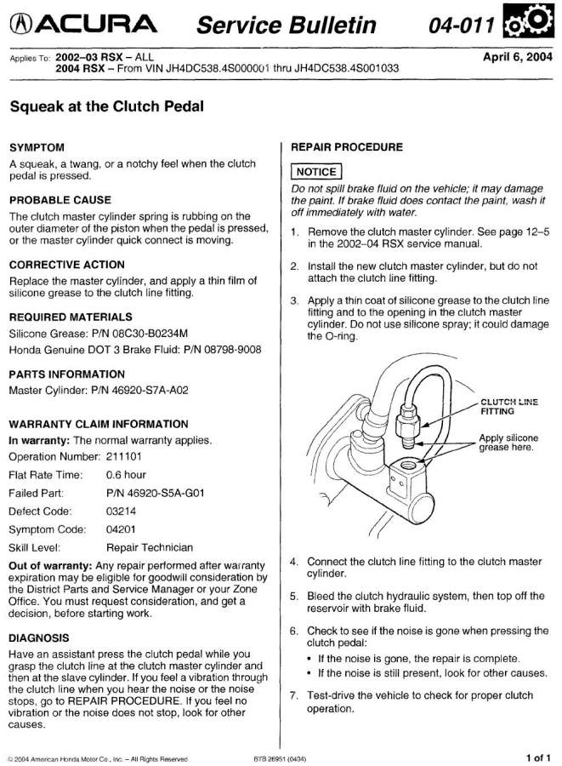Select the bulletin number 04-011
(x=463, y=26)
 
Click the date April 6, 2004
(x=517, y=58)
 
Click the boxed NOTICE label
(x=315, y=172)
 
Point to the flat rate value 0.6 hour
(x=127, y=474)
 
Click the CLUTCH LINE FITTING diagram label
(x=508, y=406)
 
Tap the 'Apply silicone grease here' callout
(x=508, y=443)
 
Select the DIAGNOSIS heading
(x=39, y=637)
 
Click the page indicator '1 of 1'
(x=538, y=756)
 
